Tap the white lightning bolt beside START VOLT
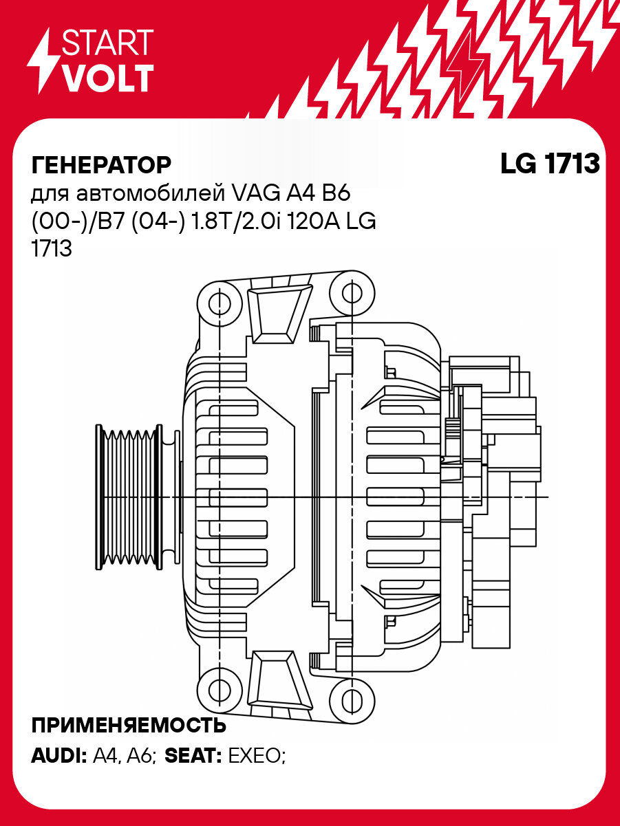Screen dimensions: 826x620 (x=43, y=61)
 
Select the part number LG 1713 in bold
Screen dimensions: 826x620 (x=550, y=164)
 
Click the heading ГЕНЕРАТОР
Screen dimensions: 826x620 (x=101, y=165)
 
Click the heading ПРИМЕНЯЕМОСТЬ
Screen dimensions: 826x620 (x=129, y=726)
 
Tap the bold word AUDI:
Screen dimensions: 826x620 (x=58, y=757)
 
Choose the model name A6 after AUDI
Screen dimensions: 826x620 (x=142, y=757)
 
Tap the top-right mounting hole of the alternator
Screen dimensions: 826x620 (x=352, y=294)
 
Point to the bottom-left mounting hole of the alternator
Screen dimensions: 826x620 (x=220, y=691)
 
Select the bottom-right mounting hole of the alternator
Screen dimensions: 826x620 (x=352, y=699)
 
